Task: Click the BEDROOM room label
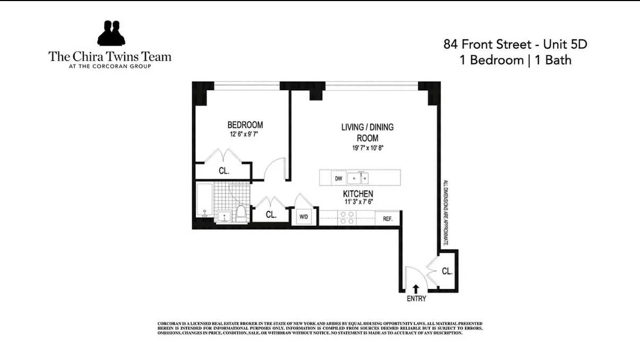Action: [245, 125]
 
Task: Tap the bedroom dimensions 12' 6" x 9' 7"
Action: [245, 134]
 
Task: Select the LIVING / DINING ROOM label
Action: [367, 133]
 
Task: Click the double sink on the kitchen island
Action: [358, 178]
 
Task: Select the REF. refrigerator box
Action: [387, 218]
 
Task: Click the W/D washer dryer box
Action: [304, 217]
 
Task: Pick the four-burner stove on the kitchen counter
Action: [348, 218]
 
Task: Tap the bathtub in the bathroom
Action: [204, 202]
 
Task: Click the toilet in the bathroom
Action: [240, 214]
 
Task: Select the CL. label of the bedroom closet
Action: [224, 171]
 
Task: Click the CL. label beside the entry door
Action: [447, 271]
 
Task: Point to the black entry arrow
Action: [416, 288]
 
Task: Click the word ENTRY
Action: [416, 298]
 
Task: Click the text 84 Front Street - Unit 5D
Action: [515, 44]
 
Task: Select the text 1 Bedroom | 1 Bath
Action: [515, 60]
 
